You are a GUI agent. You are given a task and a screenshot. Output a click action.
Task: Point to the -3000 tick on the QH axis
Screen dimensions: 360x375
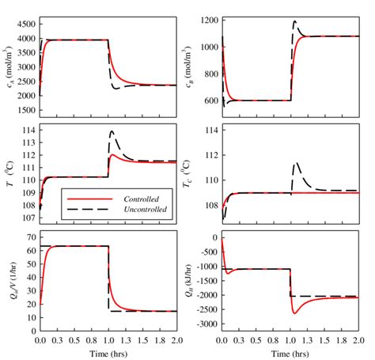coord(206,324)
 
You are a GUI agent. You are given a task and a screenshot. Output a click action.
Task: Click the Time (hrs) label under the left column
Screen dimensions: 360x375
coord(108,351)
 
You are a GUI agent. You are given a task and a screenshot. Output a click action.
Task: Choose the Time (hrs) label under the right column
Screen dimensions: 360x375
coord(290,351)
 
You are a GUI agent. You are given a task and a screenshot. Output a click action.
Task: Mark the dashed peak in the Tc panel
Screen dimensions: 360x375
coord(297,163)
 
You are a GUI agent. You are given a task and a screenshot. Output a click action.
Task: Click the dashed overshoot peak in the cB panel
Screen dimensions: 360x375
coord(295,21)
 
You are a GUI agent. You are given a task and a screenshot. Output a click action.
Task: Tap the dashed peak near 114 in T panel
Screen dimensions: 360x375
coord(112,131)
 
